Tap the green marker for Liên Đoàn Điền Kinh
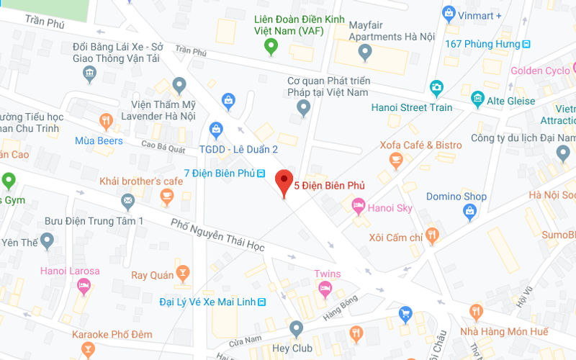click(x=271, y=48)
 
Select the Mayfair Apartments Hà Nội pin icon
click(x=365, y=52)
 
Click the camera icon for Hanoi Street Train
click(x=436, y=89)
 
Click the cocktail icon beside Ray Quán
click(x=183, y=273)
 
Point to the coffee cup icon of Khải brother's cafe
click(x=166, y=195)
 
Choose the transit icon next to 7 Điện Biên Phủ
click(x=261, y=174)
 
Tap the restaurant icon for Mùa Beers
click(x=107, y=120)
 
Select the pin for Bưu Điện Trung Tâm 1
click(x=48, y=239)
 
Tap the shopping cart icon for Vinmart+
click(x=449, y=12)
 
